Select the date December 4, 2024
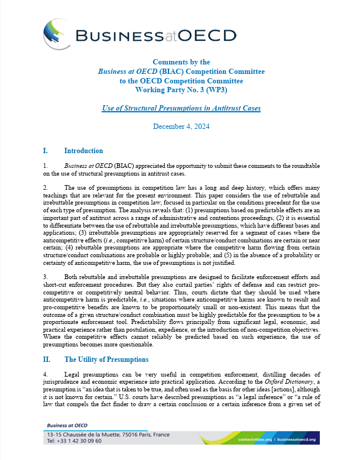click(x=181, y=127)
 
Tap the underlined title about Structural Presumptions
click(x=181, y=108)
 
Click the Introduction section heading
click(x=83, y=151)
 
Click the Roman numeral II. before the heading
click(x=49, y=359)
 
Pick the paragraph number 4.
click(x=46, y=375)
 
